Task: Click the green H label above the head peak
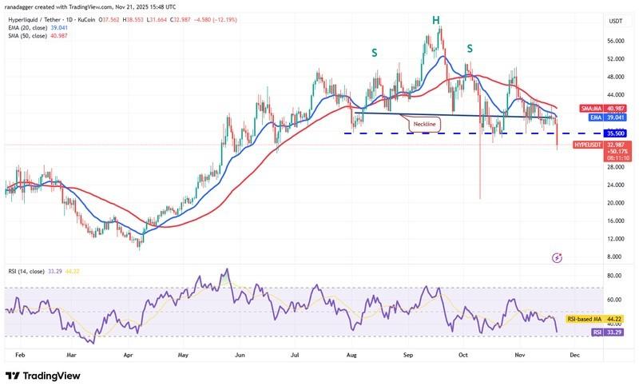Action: click(436, 18)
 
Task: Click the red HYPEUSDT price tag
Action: click(592, 145)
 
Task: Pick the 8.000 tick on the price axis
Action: click(593, 257)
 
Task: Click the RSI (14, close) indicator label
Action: click(31, 271)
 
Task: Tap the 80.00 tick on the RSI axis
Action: click(593, 276)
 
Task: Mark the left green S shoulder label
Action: click(374, 53)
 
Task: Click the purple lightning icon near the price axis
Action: click(557, 257)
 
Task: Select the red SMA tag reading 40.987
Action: click(592, 108)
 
